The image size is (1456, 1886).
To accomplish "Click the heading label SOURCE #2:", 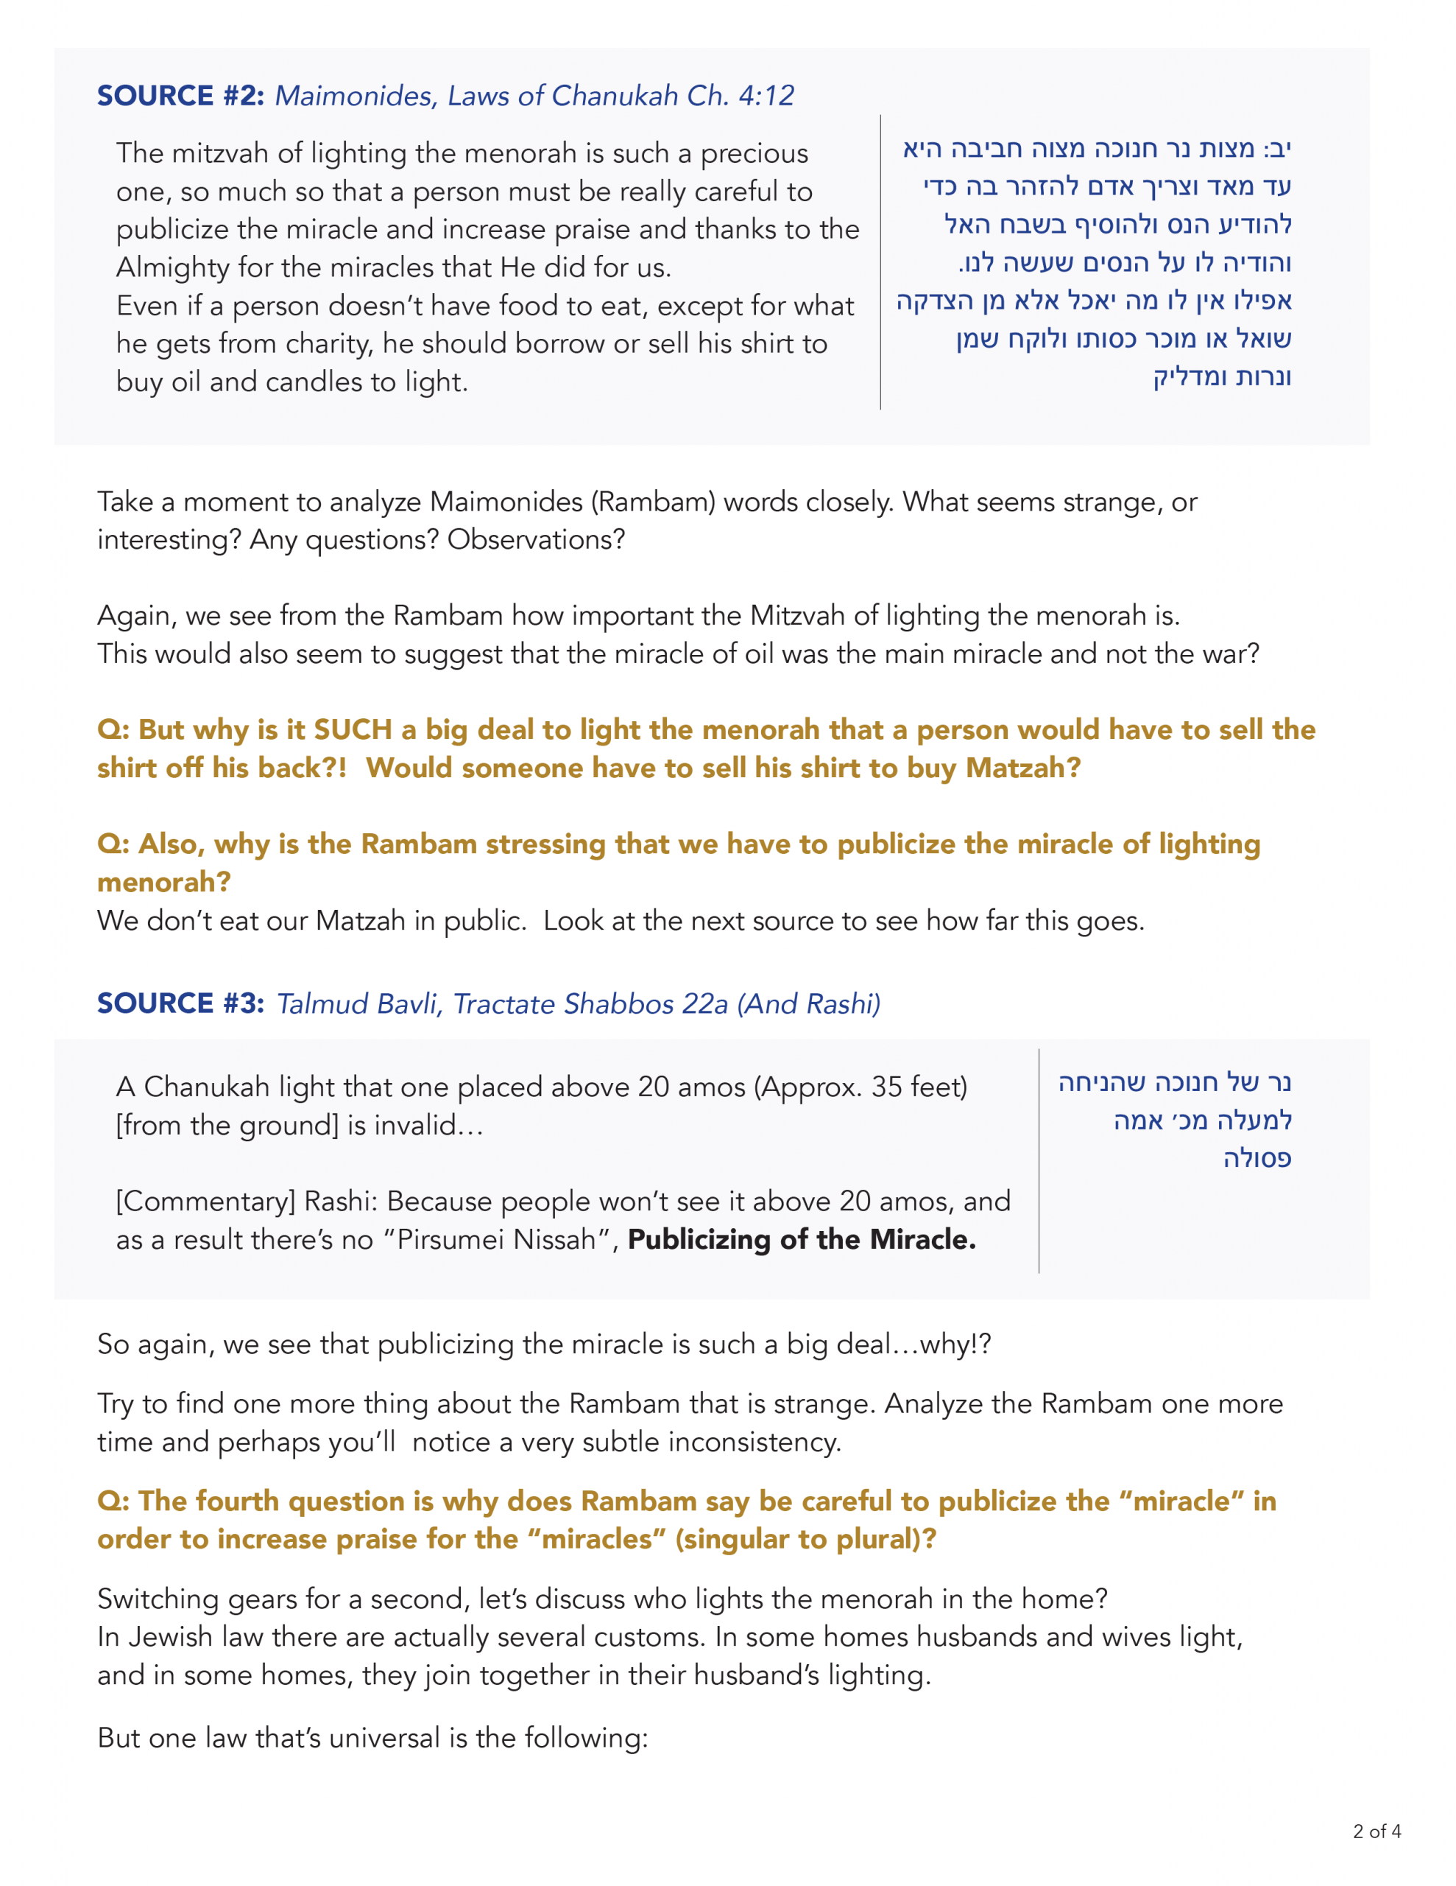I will (180, 96).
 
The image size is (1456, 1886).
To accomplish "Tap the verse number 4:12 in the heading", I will (766, 96).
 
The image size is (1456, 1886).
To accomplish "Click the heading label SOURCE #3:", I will (180, 1003).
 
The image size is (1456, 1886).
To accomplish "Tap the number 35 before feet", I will (886, 1087).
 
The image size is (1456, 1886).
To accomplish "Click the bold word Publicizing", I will (699, 1239).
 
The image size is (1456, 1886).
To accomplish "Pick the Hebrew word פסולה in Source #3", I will (1257, 1158).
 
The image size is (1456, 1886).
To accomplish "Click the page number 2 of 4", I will (1377, 1831).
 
